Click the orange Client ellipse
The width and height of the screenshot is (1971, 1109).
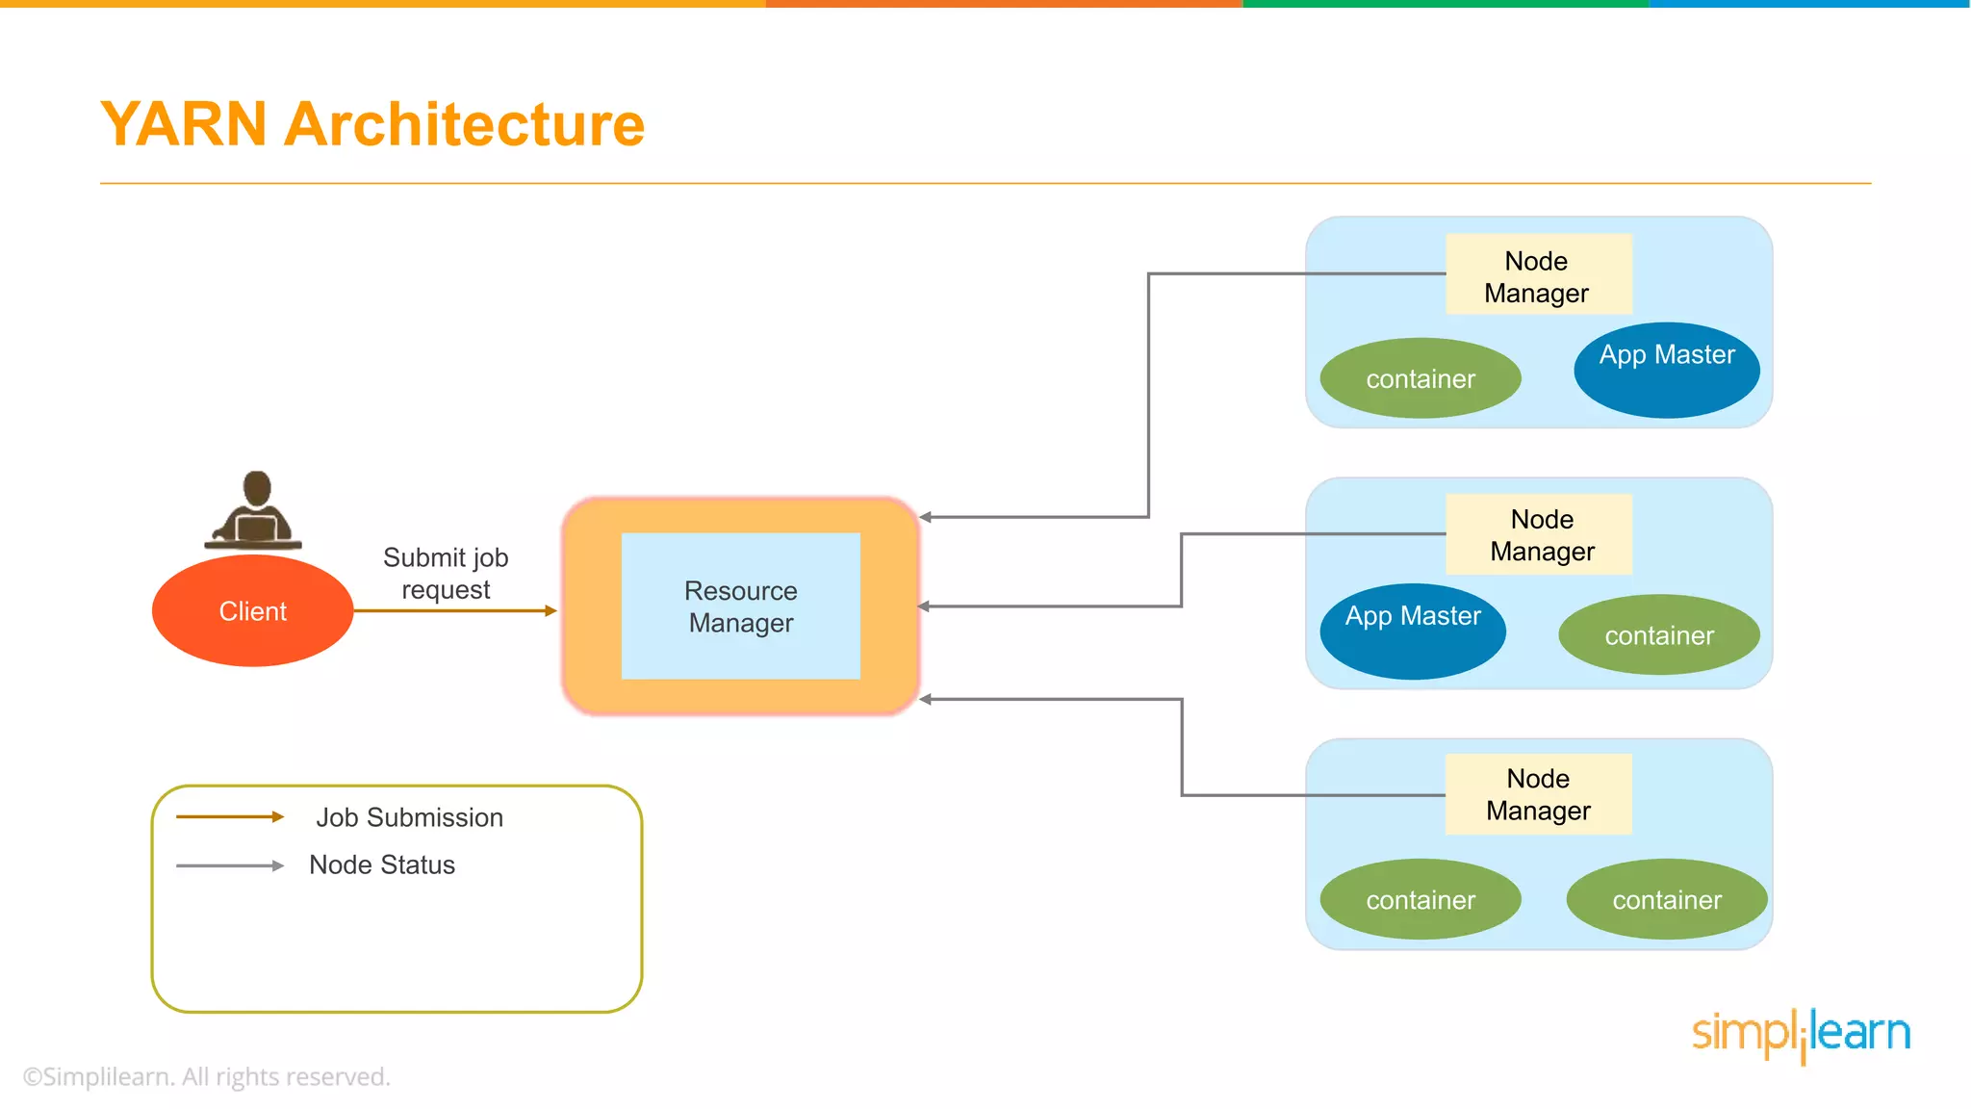point(252,610)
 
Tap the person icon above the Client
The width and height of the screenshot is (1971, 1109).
point(255,510)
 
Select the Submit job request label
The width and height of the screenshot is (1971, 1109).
point(446,573)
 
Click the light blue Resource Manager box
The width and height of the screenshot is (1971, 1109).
point(740,606)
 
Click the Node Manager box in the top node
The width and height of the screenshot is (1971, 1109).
point(1537,275)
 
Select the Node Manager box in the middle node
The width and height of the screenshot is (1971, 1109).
point(1540,534)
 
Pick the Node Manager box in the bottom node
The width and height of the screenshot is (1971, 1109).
point(1538,794)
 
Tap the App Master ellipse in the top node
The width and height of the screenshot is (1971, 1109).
point(1667,370)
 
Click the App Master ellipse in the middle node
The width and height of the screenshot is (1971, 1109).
point(1412,631)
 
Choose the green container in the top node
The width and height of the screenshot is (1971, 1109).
point(1420,378)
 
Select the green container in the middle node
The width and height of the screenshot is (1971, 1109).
point(1658,635)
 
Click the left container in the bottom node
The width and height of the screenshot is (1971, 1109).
point(1420,899)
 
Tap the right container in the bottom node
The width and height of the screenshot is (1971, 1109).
point(1666,899)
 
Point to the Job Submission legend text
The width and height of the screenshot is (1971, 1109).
point(409,817)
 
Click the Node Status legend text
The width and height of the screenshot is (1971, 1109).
point(382,864)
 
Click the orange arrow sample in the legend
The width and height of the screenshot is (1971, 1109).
point(230,816)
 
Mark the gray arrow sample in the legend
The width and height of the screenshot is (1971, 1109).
point(230,865)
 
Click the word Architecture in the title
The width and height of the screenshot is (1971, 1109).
point(464,124)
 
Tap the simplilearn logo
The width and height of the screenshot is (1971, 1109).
point(1801,1034)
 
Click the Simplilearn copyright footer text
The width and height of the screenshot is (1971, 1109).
point(206,1076)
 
